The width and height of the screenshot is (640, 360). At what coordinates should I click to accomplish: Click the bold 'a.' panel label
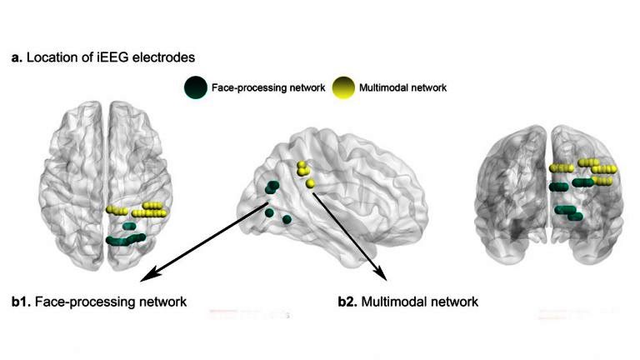[x=16, y=57]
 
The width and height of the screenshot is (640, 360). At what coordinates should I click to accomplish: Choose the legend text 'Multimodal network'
[x=403, y=87]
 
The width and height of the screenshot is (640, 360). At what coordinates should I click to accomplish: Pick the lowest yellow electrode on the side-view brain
[x=311, y=182]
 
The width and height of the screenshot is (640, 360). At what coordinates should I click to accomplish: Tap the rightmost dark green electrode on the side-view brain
[x=287, y=219]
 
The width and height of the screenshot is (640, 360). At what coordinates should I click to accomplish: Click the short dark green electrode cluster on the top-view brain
[x=128, y=226]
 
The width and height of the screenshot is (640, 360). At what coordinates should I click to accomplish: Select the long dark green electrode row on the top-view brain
[x=126, y=240]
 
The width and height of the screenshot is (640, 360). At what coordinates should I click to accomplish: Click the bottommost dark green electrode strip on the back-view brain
[x=574, y=217]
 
